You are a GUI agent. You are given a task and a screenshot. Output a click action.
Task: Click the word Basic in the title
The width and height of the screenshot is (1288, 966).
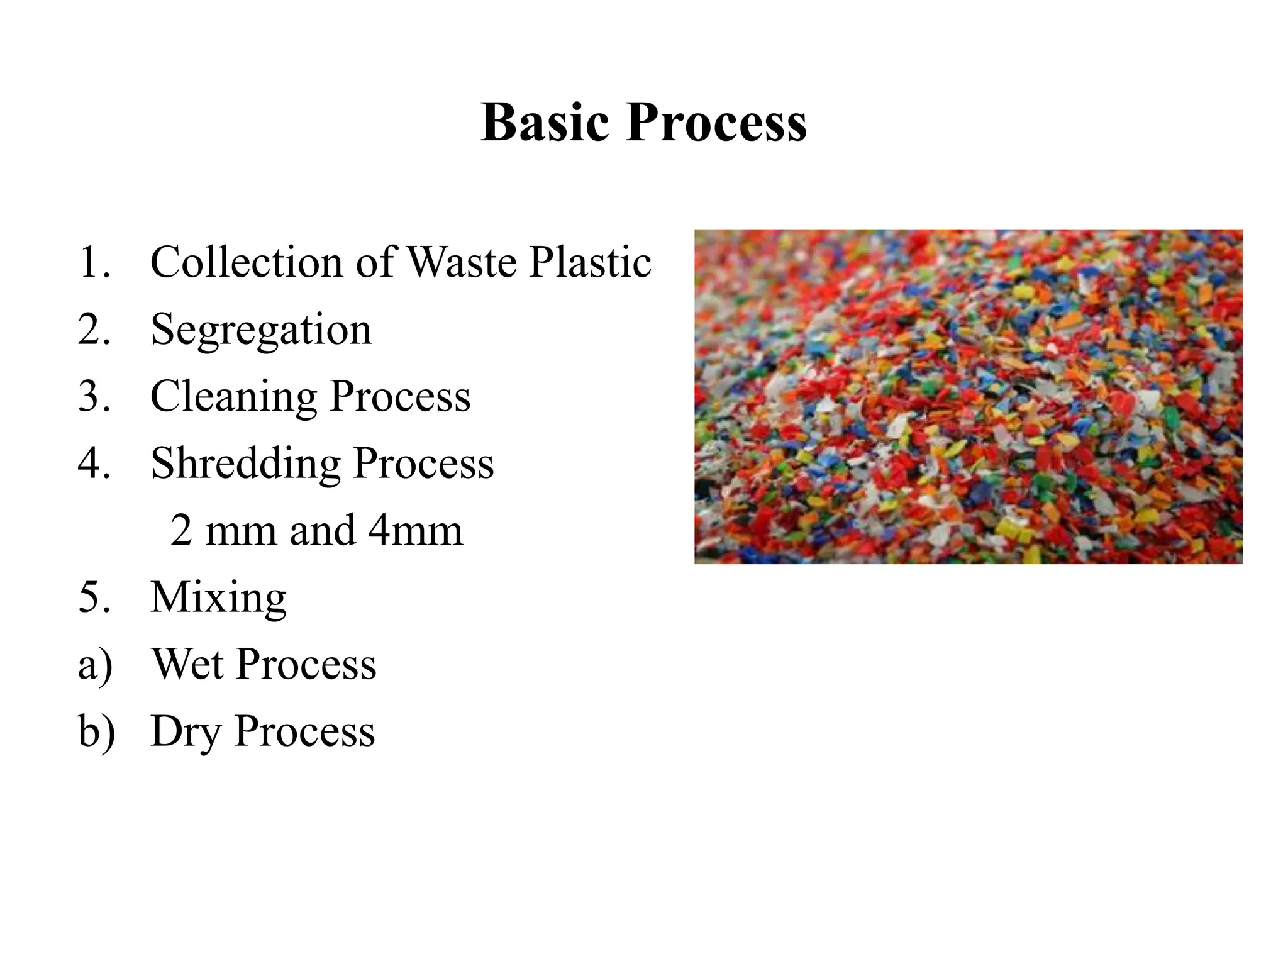coord(545,122)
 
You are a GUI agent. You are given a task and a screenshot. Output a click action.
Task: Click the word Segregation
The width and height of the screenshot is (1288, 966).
coord(261,330)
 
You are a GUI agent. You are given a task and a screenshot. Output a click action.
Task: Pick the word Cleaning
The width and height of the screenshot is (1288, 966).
coord(233,397)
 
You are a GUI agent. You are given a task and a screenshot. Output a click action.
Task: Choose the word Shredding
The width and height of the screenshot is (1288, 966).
coord(245,464)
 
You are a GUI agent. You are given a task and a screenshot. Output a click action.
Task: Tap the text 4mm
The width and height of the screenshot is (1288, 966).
coord(415,530)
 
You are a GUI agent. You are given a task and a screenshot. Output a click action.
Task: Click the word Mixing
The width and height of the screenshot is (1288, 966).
coord(218,597)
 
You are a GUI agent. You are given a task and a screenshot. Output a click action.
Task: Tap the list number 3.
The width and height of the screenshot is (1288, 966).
coord(94,397)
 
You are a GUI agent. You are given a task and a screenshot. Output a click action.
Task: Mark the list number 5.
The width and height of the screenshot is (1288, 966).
coord(94,597)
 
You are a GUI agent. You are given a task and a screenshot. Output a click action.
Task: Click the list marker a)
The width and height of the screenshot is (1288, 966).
coord(95,664)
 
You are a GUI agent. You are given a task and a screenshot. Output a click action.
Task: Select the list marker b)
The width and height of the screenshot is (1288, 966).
coord(96,731)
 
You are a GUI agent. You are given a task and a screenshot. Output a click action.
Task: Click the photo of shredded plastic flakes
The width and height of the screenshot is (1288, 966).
coord(968,396)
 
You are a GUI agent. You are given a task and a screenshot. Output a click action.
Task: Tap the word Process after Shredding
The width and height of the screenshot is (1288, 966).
coord(423,464)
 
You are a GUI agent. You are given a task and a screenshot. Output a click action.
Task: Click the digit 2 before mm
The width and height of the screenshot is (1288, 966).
coord(181,530)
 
